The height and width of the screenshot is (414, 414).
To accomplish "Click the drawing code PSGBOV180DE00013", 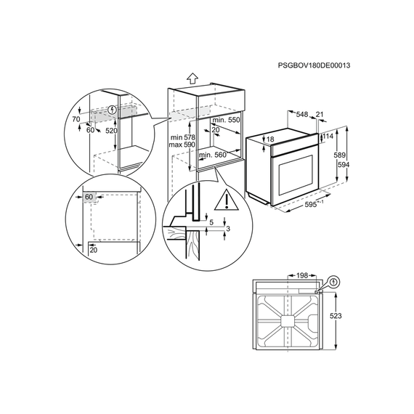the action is click(314, 65).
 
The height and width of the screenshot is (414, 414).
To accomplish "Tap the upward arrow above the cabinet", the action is click(192, 78).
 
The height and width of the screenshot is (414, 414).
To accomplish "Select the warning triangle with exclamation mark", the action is click(227, 200).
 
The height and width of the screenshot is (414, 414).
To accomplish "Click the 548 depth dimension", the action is click(302, 114).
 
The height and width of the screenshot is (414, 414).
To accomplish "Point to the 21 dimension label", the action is click(320, 114).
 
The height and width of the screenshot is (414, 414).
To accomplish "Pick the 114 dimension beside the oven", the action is click(328, 137).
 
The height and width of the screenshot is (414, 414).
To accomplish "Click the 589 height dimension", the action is click(339, 155).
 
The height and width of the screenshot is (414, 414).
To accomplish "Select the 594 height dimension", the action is click(344, 165).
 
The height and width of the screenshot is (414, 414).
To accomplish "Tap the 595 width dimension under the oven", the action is click(311, 204).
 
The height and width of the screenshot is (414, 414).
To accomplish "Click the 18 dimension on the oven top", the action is click(271, 139).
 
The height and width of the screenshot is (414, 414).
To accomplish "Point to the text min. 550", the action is click(227, 120).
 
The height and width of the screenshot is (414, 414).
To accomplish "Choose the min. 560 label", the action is click(213, 155).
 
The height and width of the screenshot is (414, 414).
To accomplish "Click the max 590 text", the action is click(182, 145).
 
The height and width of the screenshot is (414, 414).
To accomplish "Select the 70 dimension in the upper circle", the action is click(76, 119).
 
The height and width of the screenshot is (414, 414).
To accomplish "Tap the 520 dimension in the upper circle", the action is click(111, 130).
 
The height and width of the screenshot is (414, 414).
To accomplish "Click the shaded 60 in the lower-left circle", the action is click(89, 197).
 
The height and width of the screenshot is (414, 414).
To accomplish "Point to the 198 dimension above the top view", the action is click(302, 276).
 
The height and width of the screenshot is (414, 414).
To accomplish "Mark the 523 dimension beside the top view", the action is click(336, 316).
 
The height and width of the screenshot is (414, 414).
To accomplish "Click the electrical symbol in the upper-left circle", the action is click(113, 110).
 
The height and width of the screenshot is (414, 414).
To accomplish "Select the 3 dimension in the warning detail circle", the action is click(228, 229).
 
